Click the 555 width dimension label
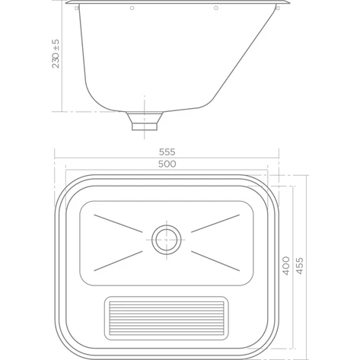click(167, 152)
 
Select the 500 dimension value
click(167, 164)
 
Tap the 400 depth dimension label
click(286, 266)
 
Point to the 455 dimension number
click(300, 266)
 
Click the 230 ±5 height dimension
click(56, 53)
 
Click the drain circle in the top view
click(167, 240)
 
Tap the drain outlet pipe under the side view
click(145, 121)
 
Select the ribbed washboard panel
click(167, 318)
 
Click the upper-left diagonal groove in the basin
click(118, 224)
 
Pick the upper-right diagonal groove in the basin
click(215, 224)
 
